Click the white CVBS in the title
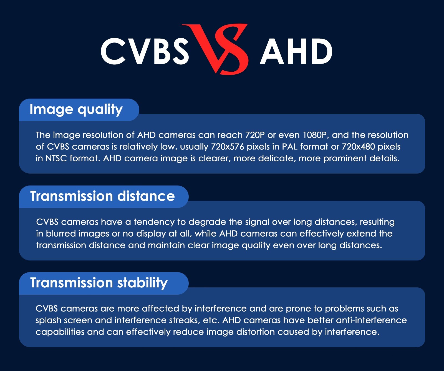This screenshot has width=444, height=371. pyautogui.click(x=145, y=51)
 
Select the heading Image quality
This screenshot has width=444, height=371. pyautogui.click(x=76, y=109)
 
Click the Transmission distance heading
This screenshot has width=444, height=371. pyautogui.click(x=102, y=196)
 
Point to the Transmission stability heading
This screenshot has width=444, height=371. pyautogui.click(x=99, y=283)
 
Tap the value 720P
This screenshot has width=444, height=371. pyautogui.click(x=255, y=135)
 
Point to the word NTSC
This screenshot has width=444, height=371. pyautogui.click(x=56, y=158)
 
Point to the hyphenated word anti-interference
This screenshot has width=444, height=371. pyautogui.click(x=371, y=320)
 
